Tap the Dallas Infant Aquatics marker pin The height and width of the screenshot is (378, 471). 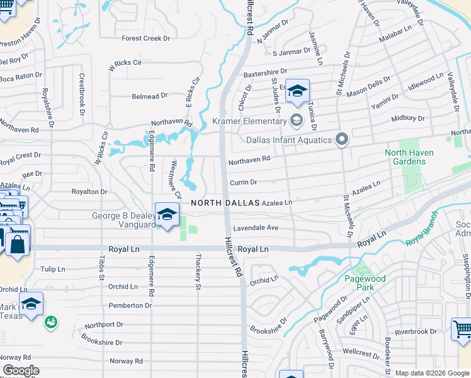(342, 139)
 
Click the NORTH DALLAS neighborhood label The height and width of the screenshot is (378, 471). (225, 203)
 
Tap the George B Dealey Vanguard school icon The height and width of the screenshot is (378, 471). (167, 215)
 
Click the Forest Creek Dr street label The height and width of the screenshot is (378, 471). (146, 38)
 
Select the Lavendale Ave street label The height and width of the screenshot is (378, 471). (255, 227)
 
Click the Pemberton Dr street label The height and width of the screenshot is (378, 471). (130, 306)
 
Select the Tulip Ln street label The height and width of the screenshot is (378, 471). (53, 269)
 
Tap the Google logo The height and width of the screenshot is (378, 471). (20, 370)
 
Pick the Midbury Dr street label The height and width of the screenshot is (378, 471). (408, 118)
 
